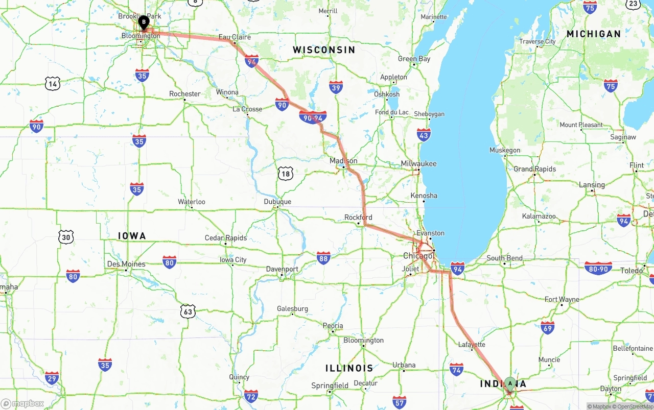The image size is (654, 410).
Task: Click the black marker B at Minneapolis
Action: tap(144, 22)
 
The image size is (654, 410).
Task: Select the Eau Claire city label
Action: tap(235, 37)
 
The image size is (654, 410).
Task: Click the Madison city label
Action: tap(343, 161)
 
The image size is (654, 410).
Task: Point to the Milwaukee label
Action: tap(419, 163)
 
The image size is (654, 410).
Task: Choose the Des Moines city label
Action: tap(126, 264)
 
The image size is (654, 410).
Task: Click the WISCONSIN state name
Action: tap(323, 50)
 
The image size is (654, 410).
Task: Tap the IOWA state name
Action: tap(132, 236)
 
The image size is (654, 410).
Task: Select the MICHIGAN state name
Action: tap(593, 34)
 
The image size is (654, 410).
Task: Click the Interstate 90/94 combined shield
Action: tap(313, 117)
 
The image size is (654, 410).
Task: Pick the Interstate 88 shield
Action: tap(323, 258)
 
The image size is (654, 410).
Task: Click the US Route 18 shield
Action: tap(286, 174)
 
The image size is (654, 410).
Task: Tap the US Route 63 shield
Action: tap(188, 311)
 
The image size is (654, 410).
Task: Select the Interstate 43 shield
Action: tap(424, 135)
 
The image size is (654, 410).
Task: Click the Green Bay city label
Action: tap(414, 59)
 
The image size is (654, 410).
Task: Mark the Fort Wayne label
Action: tap(562, 299)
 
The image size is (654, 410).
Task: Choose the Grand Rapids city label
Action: tap(534, 169)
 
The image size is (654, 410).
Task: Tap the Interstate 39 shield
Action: tap(336, 87)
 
